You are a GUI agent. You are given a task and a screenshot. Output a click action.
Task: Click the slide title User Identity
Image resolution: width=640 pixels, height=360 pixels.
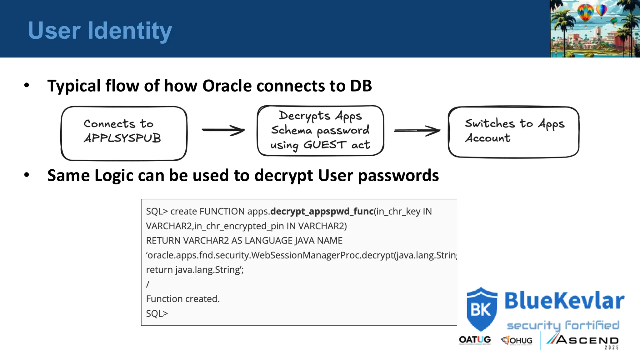tap(100, 31)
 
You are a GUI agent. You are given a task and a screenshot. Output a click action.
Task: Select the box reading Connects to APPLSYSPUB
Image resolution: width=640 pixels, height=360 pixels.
tap(124, 133)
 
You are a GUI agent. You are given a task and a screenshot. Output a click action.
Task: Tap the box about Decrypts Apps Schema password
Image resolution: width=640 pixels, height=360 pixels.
tap(320, 131)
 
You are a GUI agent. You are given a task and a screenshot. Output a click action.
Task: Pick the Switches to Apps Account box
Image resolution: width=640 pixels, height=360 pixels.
tap(513, 132)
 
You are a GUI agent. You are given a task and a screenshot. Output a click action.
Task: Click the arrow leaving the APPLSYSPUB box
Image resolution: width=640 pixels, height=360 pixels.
tap(222, 130)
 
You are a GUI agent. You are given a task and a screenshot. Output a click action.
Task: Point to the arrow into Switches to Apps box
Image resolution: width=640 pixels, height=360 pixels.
tap(417, 131)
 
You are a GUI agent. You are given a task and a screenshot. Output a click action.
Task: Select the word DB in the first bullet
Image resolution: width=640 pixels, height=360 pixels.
tap(361, 86)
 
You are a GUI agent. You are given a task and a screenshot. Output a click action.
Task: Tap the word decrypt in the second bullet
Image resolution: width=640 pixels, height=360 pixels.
tap(283, 176)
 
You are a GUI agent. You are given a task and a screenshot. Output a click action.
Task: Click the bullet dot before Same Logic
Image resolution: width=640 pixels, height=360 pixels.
tap(27, 175)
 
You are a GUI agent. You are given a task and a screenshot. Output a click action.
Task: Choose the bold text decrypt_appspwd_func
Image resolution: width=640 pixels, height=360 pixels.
tap(322, 212)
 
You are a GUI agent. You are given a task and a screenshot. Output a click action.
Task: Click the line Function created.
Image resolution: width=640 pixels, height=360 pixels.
tap(183, 299)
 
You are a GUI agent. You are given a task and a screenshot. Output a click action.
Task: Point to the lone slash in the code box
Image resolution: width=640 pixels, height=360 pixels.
tap(148, 284)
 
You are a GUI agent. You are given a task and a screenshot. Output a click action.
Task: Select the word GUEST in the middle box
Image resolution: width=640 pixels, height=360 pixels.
tap(325, 145)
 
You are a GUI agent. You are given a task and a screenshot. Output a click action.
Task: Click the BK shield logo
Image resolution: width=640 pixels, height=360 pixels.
tap(482, 309)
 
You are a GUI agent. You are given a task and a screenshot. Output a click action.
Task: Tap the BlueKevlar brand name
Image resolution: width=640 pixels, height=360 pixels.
tap(564, 301)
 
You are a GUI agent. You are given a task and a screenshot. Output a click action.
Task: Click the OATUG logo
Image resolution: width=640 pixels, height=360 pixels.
tap(475, 340)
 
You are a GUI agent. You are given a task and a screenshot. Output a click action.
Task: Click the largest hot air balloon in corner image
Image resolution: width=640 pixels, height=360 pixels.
tap(585, 12)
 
